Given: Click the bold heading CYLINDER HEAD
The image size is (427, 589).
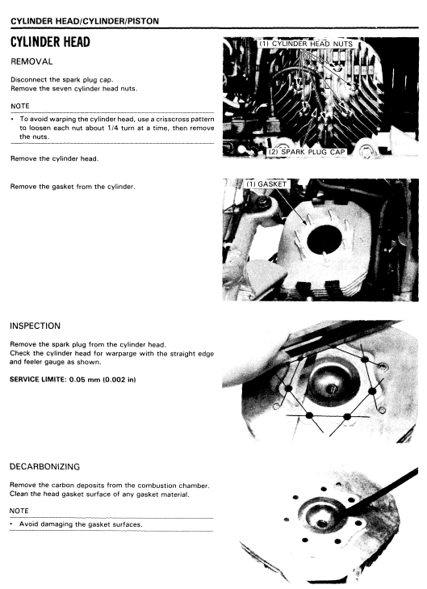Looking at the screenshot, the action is [50, 42].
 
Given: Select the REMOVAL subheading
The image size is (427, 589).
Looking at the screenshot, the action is [31, 61].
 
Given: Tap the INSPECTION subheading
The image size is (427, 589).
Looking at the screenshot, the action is [35, 326].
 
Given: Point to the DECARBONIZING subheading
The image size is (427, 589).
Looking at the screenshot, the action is [44, 466].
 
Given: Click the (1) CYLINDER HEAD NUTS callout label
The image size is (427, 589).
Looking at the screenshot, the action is [306, 44].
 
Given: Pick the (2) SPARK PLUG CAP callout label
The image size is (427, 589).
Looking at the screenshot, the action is [307, 152].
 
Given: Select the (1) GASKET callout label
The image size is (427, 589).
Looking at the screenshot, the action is [266, 184].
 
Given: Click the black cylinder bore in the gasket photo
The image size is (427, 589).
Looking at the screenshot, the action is [324, 240].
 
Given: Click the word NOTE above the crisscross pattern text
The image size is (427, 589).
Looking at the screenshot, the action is [20, 106].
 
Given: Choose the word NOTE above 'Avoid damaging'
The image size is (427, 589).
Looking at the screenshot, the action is [19, 511].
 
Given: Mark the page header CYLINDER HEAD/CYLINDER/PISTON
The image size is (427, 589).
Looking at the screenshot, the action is [85, 21].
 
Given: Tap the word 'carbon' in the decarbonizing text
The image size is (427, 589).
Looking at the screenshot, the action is [61, 486].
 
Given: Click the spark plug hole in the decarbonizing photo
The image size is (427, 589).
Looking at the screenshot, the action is [322, 523].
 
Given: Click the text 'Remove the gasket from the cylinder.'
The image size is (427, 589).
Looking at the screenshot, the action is [73, 187].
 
